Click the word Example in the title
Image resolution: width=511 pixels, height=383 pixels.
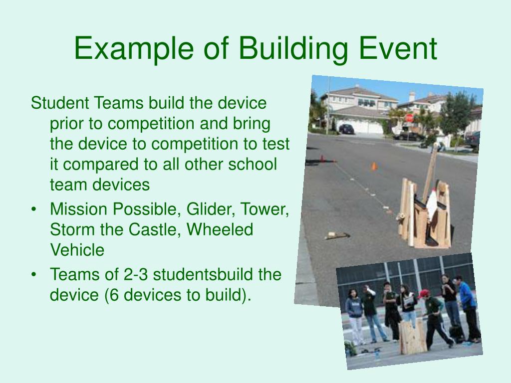pyautogui.click(x=134, y=49)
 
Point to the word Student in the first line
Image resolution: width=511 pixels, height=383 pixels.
pyautogui.click(x=60, y=103)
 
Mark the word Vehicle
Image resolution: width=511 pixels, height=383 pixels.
pyautogui.click(x=77, y=250)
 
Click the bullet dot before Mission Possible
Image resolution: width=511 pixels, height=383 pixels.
pyautogui.click(x=33, y=209)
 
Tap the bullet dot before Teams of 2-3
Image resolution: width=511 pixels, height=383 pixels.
pyautogui.click(x=33, y=275)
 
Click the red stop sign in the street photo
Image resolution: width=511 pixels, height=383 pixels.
pyautogui.click(x=409, y=118)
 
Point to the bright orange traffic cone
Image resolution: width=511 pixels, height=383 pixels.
pyautogui.click(x=374, y=166)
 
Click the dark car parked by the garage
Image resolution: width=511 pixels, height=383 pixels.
pyautogui.click(x=346, y=129)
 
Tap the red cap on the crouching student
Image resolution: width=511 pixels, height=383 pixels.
pyautogui.click(x=424, y=293)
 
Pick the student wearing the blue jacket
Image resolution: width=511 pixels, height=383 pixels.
pyautogui.click(x=469, y=309)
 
